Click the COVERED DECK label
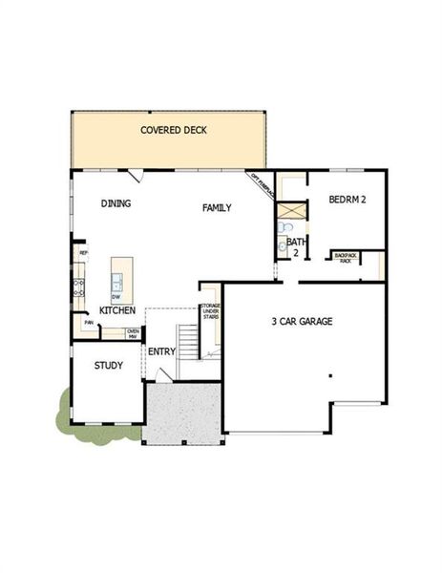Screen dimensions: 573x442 pyautogui.click(x=174, y=130)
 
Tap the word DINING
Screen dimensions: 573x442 pyautogui.click(x=116, y=203)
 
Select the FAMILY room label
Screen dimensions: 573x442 pyautogui.click(x=217, y=207)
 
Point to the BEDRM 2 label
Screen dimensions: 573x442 pyautogui.click(x=347, y=200)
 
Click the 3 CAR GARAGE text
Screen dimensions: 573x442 pyautogui.click(x=302, y=321)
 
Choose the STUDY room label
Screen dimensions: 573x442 pyautogui.click(x=108, y=365)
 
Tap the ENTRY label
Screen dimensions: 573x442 pyautogui.click(x=161, y=351)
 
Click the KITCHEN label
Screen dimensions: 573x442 pyautogui.click(x=117, y=310)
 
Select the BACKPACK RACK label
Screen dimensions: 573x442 pyautogui.click(x=344, y=258)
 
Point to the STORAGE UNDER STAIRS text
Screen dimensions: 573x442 pyautogui.click(x=210, y=312)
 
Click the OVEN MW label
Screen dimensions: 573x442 pyautogui.click(x=133, y=333)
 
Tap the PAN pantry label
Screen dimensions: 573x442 pyautogui.click(x=88, y=323)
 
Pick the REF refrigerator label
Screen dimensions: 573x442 pyautogui.click(x=83, y=252)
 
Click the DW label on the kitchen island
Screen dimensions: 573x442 pyautogui.click(x=116, y=296)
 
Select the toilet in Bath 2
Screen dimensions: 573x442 pyautogui.click(x=284, y=228)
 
